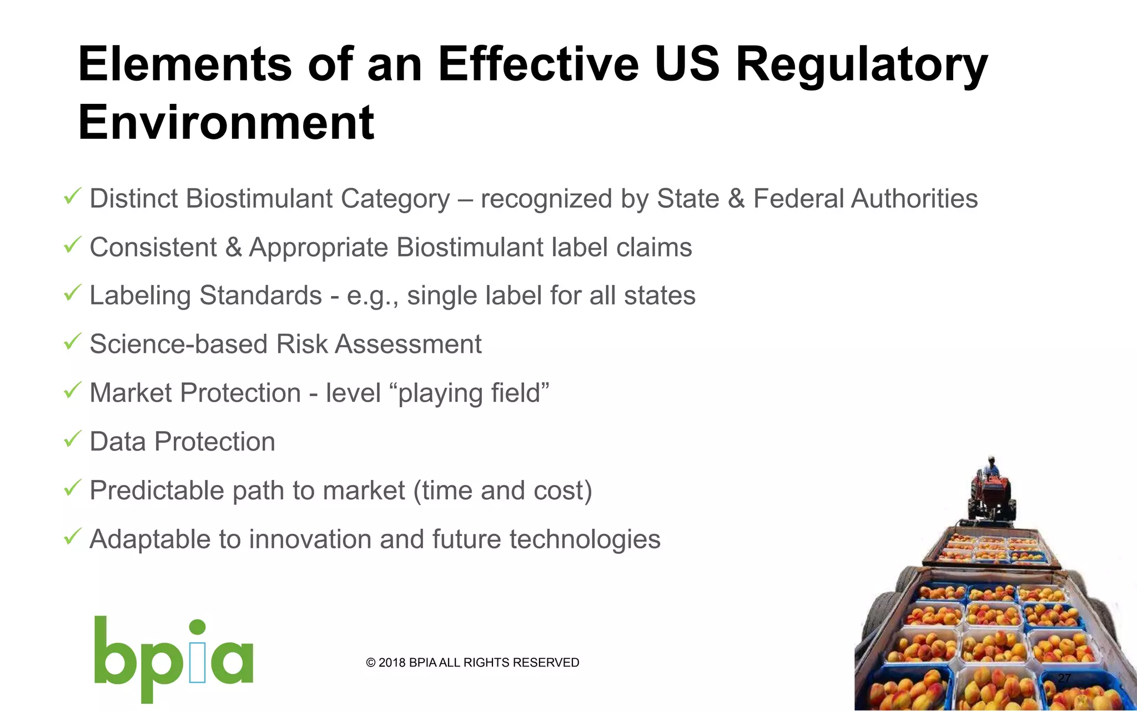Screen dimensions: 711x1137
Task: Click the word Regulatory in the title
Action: click(862, 66)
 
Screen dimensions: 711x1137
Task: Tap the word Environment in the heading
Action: click(226, 122)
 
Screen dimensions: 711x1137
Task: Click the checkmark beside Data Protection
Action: click(73, 439)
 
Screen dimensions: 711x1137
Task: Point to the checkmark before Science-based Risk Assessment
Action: click(73, 342)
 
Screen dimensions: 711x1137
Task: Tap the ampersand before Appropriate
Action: click(233, 247)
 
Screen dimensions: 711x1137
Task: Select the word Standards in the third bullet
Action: click(261, 296)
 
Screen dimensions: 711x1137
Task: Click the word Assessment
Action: click(408, 344)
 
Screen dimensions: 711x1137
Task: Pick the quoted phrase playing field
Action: click(474, 393)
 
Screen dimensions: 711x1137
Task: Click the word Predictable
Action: click(157, 491)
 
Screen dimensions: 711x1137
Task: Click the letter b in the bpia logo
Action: click(115, 652)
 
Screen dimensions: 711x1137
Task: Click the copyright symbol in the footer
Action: click(371, 663)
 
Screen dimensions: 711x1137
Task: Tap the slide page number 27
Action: click(1064, 678)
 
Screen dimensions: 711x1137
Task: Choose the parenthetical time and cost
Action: click(503, 491)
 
